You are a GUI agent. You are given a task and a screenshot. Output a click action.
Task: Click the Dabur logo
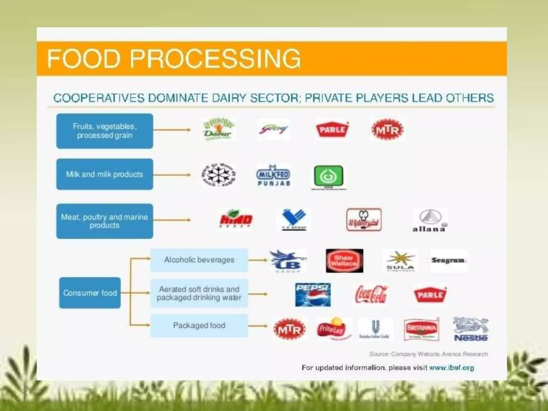(219, 129)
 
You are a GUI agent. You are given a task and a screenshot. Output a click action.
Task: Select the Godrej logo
(273, 130)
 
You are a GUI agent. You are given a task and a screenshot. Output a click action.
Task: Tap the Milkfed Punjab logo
(273, 176)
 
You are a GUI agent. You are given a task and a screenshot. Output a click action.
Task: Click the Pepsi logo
(313, 295)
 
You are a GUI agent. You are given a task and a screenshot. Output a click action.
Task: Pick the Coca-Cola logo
(371, 294)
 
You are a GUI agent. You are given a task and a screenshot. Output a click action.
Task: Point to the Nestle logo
(471, 329)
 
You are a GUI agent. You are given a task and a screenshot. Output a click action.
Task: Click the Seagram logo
(449, 260)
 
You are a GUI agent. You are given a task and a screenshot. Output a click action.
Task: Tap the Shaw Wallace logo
(344, 261)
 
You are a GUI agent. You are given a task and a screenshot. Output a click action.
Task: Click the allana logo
(430, 220)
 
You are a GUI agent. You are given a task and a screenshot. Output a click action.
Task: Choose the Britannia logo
(421, 329)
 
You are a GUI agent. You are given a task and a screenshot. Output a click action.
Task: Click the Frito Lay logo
(331, 329)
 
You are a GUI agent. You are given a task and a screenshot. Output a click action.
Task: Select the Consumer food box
(90, 293)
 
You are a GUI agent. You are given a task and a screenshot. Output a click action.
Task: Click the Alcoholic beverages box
(199, 260)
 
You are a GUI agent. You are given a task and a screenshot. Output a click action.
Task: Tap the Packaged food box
(199, 325)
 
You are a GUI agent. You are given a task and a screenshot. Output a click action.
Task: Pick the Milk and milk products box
(105, 174)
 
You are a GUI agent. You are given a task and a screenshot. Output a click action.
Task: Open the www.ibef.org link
(451, 368)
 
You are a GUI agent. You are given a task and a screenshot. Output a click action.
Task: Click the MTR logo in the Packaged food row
(290, 329)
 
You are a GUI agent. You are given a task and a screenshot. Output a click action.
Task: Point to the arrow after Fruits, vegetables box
(172, 130)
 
